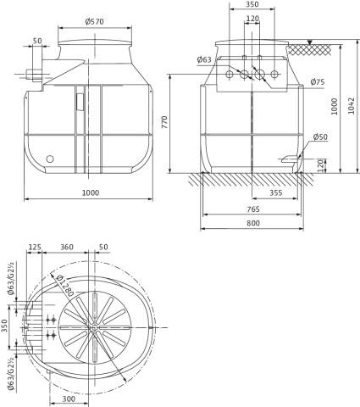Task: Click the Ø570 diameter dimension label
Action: pos(94,21)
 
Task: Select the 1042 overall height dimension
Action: pos(351,106)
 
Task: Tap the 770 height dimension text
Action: pos(164,122)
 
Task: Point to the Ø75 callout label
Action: pos(318,82)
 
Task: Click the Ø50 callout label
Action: pos(320,137)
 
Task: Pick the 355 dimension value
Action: pos(276,192)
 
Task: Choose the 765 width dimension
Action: pos(253,209)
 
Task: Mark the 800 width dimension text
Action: pos(253,223)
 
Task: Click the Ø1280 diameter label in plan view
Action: pos(64,286)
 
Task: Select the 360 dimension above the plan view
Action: pos(67,247)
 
